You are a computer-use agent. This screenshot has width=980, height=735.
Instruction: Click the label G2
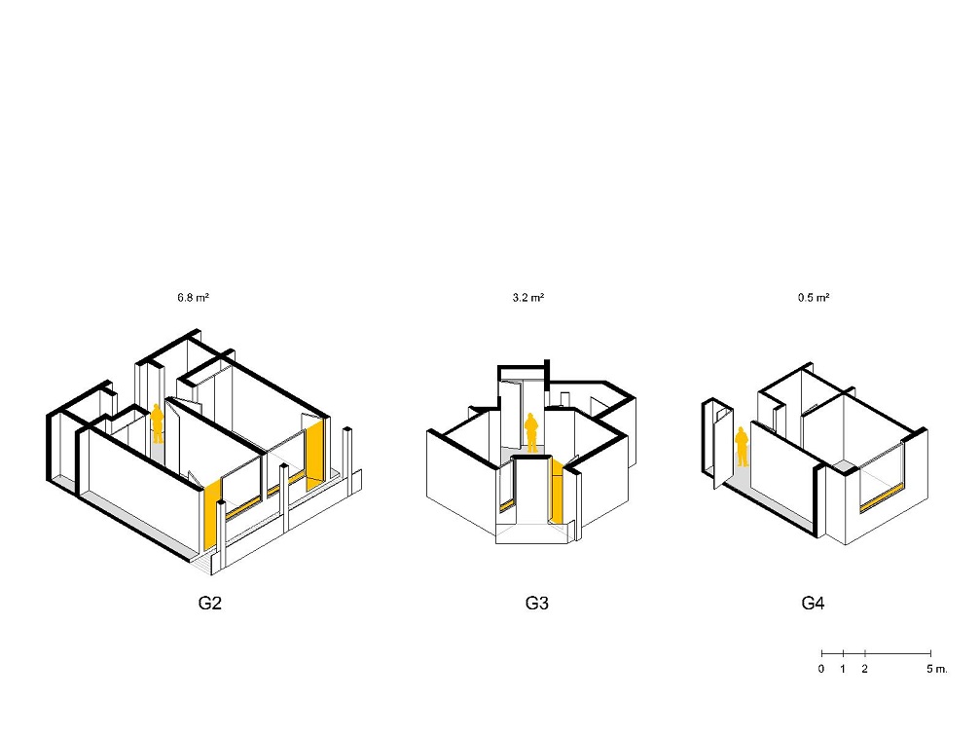coord(210,604)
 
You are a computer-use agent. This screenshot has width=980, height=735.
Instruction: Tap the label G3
coord(537,604)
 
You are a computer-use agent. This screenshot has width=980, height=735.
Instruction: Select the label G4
coord(814,604)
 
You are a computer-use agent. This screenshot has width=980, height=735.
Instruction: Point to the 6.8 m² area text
coord(193,298)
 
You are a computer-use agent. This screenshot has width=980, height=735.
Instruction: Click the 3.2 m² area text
coord(528,298)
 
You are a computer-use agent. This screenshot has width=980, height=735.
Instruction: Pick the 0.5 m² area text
coord(814,298)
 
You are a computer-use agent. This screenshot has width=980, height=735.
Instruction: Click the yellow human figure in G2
coord(158,423)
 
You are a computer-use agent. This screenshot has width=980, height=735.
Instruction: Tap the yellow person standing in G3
coord(531,432)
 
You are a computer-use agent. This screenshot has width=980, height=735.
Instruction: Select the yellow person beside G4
coord(742,446)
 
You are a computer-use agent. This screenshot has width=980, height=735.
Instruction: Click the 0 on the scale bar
coord(821,669)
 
